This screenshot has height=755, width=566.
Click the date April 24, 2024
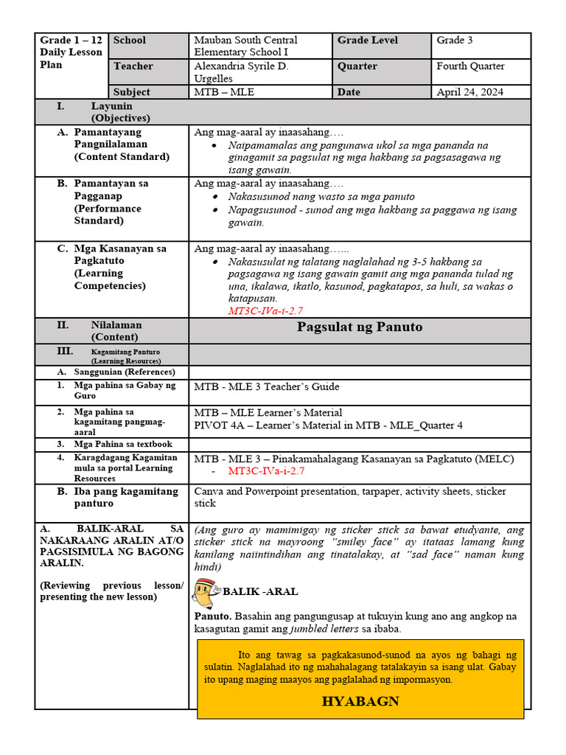470,92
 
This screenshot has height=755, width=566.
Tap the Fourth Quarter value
470,66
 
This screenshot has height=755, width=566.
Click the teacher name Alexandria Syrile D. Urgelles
241,72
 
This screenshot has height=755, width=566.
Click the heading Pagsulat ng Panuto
360,327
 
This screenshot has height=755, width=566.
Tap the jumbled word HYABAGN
360,700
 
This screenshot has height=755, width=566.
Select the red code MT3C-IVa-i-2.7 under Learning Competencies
265,311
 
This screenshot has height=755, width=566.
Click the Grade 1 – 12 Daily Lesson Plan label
67,52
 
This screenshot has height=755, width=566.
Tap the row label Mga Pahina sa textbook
123,444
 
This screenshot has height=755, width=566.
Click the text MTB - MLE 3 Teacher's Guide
267,386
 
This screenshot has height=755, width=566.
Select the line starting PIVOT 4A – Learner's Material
329,425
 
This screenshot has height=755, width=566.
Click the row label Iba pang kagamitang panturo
125,497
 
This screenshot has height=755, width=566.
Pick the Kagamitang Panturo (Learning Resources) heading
125,356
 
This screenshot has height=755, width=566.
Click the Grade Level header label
367,41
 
